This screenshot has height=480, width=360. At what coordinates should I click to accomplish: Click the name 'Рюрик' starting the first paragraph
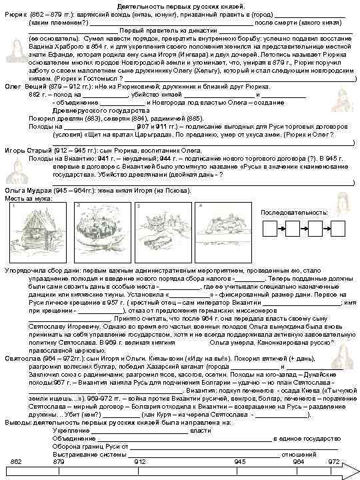point(13,13)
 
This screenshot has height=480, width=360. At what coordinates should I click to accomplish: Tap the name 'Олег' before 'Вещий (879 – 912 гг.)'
point(12,87)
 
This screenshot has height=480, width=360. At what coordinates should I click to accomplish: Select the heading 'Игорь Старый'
point(25,151)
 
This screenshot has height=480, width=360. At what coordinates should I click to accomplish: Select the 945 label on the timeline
point(240,461)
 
